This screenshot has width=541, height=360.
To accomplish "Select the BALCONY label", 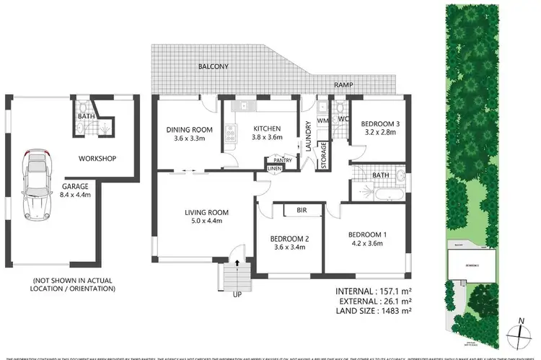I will pos(214,66).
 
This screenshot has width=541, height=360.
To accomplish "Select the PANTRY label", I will pos(282,160).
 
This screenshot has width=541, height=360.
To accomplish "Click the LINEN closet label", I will pos(275,169).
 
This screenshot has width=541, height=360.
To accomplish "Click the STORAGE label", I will pos(324,154).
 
